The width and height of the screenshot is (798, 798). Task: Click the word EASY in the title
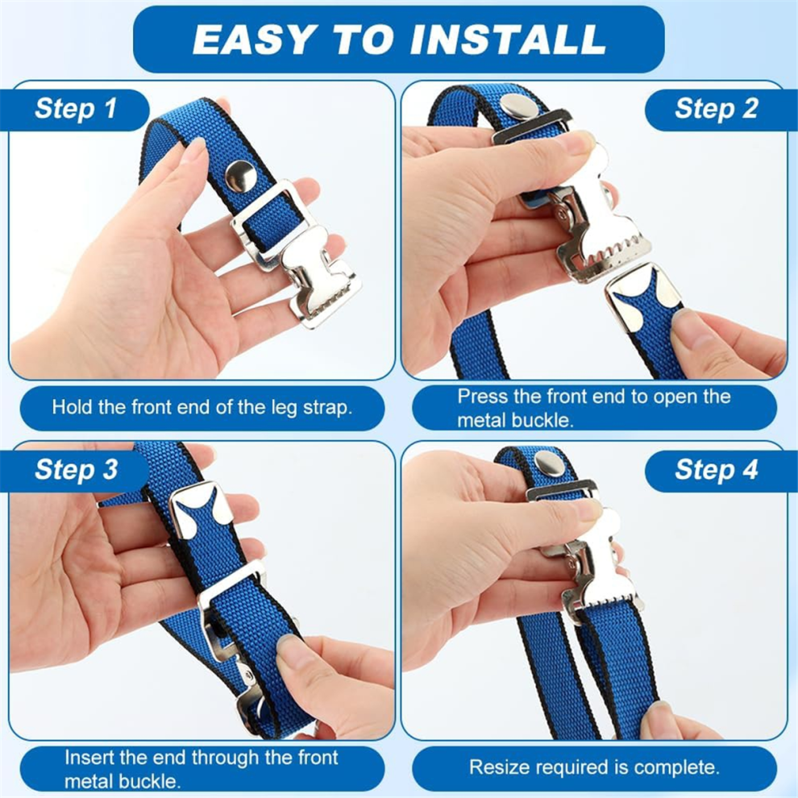click(x=253, y=39)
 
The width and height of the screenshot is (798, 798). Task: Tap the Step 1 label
click(x=76, y=108)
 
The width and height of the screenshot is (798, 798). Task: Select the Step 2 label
click(x=716, y=108)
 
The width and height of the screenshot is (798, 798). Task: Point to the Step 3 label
click(x=77, y=468)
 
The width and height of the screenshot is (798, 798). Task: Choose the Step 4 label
click(x=716, y=468)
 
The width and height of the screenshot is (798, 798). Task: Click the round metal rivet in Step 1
click(x=241, y=176)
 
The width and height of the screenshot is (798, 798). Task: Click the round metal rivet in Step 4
click(x=549, y=462)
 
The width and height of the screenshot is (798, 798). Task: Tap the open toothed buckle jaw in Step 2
click(x=601, y=224)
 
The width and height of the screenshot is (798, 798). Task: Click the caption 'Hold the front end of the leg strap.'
click(x=202, y=408)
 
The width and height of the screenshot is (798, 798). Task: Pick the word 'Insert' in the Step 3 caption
click(x=89, y=758)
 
